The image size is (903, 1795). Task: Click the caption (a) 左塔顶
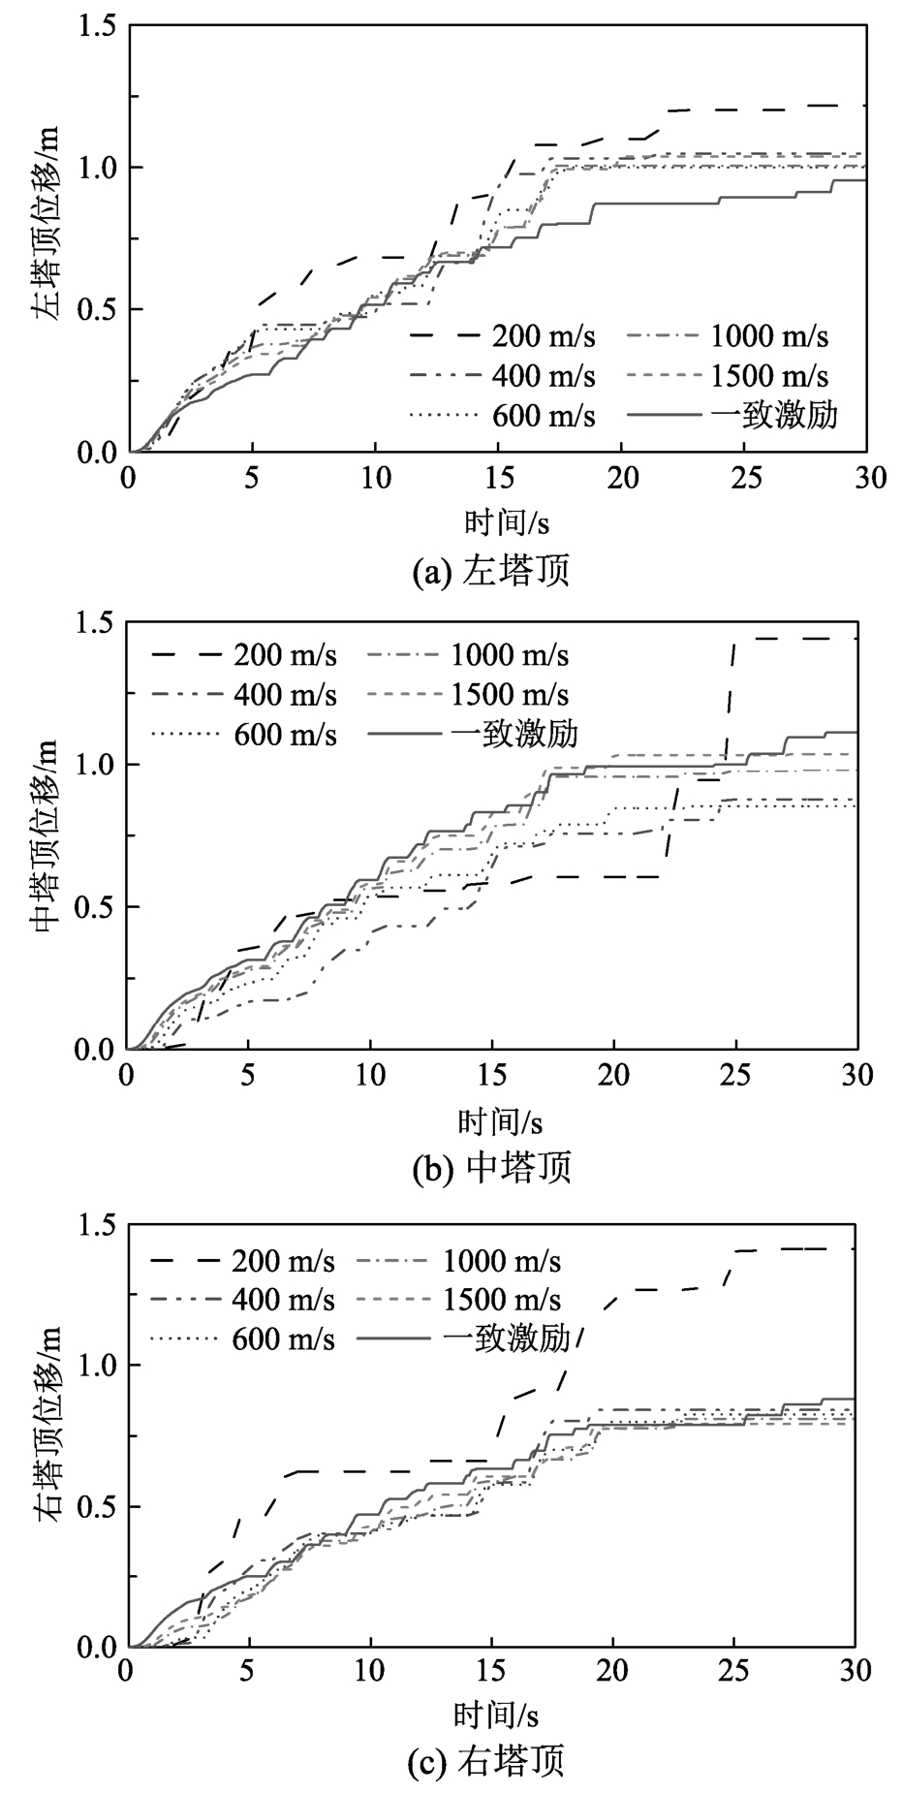491,571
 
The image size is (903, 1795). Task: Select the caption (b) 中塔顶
492,1167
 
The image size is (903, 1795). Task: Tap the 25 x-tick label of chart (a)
743,478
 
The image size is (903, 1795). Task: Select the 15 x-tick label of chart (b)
491,1075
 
